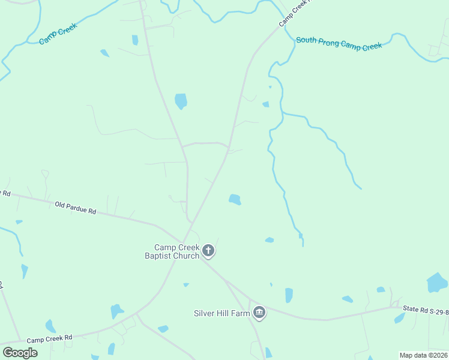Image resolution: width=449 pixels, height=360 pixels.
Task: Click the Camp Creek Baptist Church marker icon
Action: (x=208, y=251)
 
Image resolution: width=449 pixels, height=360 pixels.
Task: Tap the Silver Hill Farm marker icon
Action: (x=259, y=312)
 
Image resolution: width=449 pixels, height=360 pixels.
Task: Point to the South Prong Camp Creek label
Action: (x=339, y=44)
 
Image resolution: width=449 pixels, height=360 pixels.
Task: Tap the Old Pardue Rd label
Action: (x=76, y=208)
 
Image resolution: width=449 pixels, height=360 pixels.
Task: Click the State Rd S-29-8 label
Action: (x=425, y=310)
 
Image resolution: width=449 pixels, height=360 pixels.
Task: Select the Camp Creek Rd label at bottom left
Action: (x=49, y=339)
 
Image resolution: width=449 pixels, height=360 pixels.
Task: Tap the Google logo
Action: (x=20, y=353)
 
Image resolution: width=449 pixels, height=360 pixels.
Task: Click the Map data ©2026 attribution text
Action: (x=423, y=355)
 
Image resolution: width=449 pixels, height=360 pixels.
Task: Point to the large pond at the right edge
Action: (x=436, y=282)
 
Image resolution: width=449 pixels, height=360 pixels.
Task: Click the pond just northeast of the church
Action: (x=235, y=199)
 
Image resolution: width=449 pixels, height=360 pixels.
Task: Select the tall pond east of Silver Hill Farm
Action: (x=289, y=295)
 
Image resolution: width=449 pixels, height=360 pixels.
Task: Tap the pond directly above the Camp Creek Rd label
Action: (x=50, y=326)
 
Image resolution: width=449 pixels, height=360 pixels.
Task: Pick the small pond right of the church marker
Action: (x=270, y=240)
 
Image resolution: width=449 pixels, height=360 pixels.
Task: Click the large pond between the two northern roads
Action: (x=181, y=101)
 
